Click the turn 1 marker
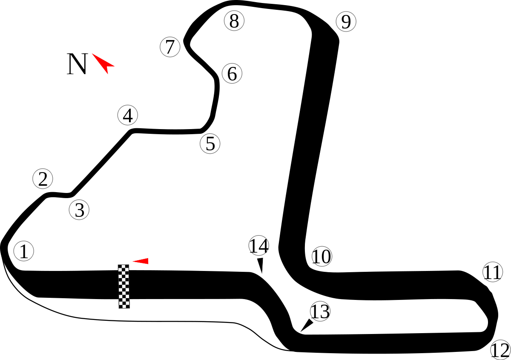click(x=23, y=251)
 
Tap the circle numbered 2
click(x=43, y=179)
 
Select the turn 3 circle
click(x=79, y=210)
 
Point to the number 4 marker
click(x=128, y=115)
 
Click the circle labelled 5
click(x=210, y=144)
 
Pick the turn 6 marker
click(x=232, y=74)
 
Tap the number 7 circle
click(x=170, y=47)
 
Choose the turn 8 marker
click(x=234, y=21)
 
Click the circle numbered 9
click(x=346, y=22)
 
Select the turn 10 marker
click(x=322, y=256)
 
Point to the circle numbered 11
click(x=493, y=272)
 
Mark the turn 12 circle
click(x=500, y=350)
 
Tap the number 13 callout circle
click(x=320, y=311)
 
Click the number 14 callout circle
click(x=259, y=245)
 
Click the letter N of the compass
click(x=77, y=64)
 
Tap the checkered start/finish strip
click(x=124, y=286)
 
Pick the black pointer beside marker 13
click(x=307, y=325)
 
